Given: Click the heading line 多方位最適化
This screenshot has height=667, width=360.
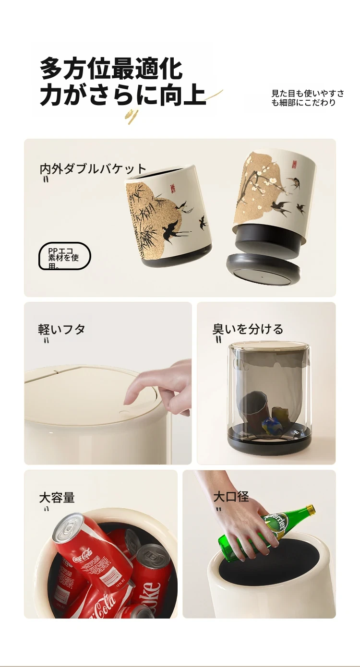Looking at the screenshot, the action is (x=111, y=69).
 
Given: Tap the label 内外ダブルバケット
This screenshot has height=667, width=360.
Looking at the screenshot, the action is (x=93, y=169).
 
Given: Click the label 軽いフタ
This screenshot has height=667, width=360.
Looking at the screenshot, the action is (x=61, y=329).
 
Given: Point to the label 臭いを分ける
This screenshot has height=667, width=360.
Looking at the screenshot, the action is (x=248, y=329).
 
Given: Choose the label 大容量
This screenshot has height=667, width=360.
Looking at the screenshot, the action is (x=57, y=497).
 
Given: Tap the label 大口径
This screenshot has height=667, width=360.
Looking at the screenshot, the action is (x=231, y=497).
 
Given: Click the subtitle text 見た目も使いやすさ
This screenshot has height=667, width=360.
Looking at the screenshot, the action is (x=308, y=94).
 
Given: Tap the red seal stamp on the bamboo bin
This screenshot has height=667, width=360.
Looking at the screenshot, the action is (x=172, y=188).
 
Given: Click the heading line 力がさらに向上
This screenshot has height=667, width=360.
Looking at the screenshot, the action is (x=123, y=95).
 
